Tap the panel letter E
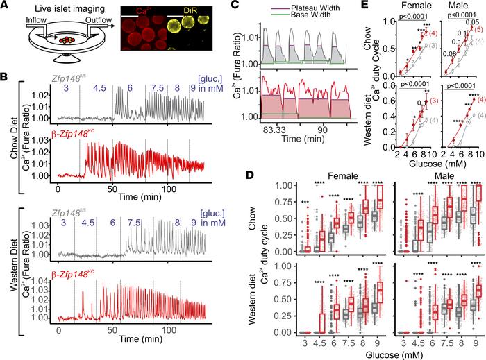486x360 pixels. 362,6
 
